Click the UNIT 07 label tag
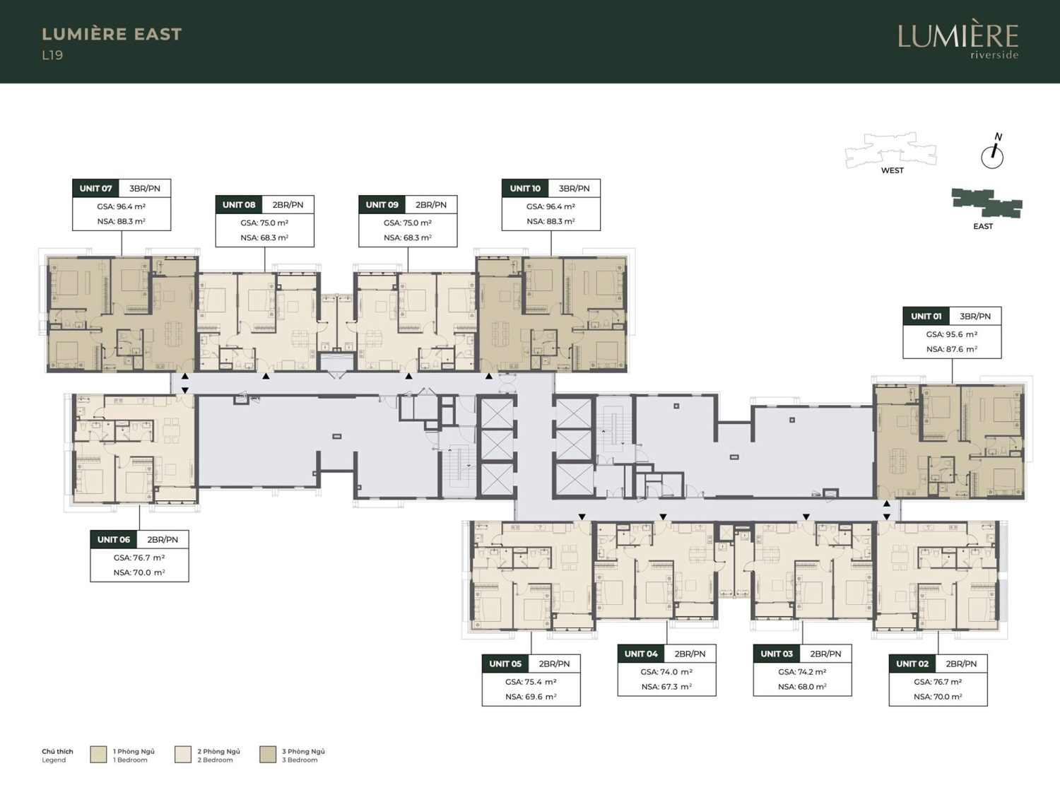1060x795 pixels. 95,188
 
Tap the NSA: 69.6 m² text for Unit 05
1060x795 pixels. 531,697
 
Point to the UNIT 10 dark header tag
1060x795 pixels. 526,188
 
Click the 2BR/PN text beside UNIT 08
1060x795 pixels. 288,205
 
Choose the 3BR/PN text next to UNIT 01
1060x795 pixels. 975,316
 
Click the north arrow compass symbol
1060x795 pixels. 993,153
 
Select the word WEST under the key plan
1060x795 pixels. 893,170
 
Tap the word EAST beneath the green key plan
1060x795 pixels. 983,226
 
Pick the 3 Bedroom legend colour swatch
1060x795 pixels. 268,755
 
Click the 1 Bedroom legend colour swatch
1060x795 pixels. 98,755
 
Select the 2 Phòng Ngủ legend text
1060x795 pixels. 219,751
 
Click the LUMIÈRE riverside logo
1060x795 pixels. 958,42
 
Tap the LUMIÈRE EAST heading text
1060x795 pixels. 112,34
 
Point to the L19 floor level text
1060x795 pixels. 52,55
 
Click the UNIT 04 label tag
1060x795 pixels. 641,654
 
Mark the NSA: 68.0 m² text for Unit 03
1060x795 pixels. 802,686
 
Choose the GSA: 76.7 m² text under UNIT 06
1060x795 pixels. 139,558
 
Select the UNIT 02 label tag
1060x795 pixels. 912,664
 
